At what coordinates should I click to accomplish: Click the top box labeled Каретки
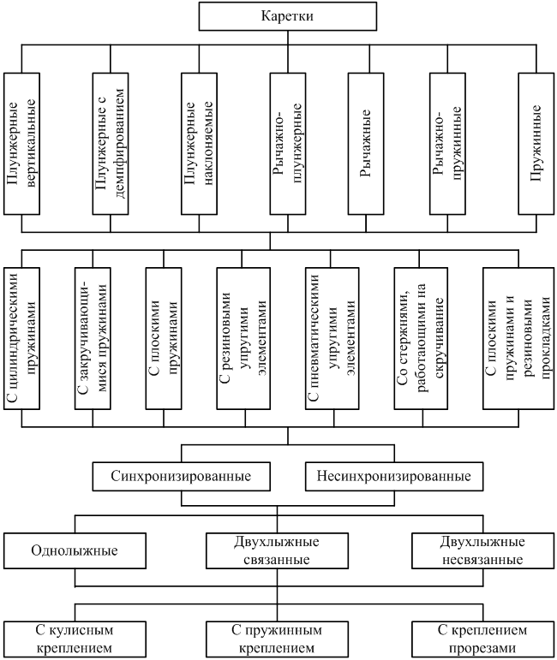(x=288, y=16)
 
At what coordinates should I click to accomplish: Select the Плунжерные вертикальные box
(x=22, y=144)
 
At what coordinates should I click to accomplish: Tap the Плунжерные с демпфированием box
(x=111, y=144)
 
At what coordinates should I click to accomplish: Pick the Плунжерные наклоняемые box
(x=200, y=144)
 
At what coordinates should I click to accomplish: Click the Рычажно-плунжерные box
(x=288, y=144)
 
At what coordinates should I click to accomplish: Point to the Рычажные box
(x=366, y=144)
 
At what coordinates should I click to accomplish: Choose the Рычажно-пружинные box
(x=447, y=144)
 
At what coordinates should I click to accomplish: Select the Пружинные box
(x=536, y=144)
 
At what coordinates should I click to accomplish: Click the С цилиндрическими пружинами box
(x=22, y=338)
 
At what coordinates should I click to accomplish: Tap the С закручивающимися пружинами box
(x=93, y=338)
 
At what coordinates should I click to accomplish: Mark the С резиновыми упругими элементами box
(x=243, y=338)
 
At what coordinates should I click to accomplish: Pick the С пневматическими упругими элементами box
(x=332, y=338)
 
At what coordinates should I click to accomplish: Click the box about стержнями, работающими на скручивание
(x=421, y=338)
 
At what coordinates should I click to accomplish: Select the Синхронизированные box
(x=181, y=477)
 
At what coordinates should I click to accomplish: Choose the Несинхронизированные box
(x=394, y=477)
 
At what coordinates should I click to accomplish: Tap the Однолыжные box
(x=75, y=550)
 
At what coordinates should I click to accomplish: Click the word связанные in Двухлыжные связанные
(x=277, y=560)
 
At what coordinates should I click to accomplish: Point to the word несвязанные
(x=482, y=560)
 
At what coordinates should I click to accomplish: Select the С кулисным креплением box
(x=75, y=639)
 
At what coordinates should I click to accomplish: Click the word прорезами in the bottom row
(x=482, y=648)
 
